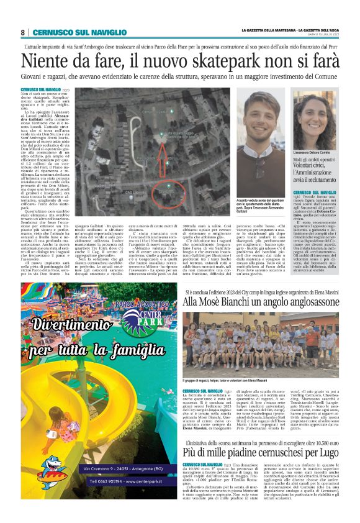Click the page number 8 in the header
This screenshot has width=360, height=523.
[22, 32]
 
